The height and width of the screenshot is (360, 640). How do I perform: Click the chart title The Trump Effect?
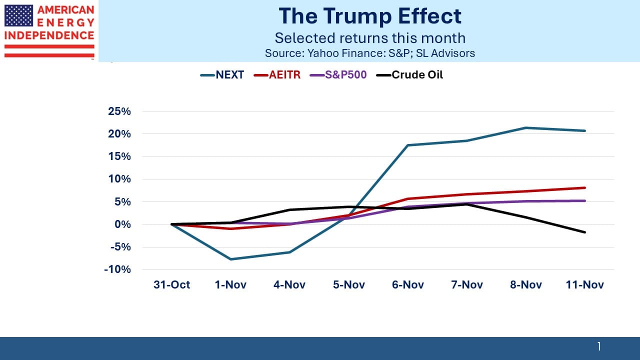[370, 16]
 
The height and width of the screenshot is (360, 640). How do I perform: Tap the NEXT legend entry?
[222, 75]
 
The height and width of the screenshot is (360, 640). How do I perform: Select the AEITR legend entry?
[277, 75]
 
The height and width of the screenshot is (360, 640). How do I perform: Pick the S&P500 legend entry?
[338, 75]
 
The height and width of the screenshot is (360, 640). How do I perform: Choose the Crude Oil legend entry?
[410, 75]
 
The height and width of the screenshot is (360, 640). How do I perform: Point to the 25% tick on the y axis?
[119, 111]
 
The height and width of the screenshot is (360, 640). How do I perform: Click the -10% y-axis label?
[118, 269]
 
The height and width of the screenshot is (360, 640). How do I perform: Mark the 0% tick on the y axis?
[122, 224]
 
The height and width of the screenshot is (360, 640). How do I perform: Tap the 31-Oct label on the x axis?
[172, 285]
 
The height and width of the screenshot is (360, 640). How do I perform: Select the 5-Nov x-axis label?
[349, 285]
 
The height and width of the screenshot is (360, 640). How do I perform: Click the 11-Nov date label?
[585, 285]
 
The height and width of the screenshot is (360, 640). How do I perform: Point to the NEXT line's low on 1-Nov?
[231, 259]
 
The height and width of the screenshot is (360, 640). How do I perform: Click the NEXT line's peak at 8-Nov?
[526, 128]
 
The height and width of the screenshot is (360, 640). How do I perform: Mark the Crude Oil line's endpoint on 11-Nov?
[585, 232]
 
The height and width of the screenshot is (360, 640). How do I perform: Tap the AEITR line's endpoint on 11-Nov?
[585, 188]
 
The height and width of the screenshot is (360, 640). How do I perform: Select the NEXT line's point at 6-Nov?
[408, 145]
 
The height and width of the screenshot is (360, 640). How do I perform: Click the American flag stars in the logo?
[18, 15]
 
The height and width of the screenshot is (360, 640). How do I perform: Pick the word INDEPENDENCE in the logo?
[49, 36]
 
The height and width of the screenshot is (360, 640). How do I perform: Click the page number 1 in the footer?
[599, 346]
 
